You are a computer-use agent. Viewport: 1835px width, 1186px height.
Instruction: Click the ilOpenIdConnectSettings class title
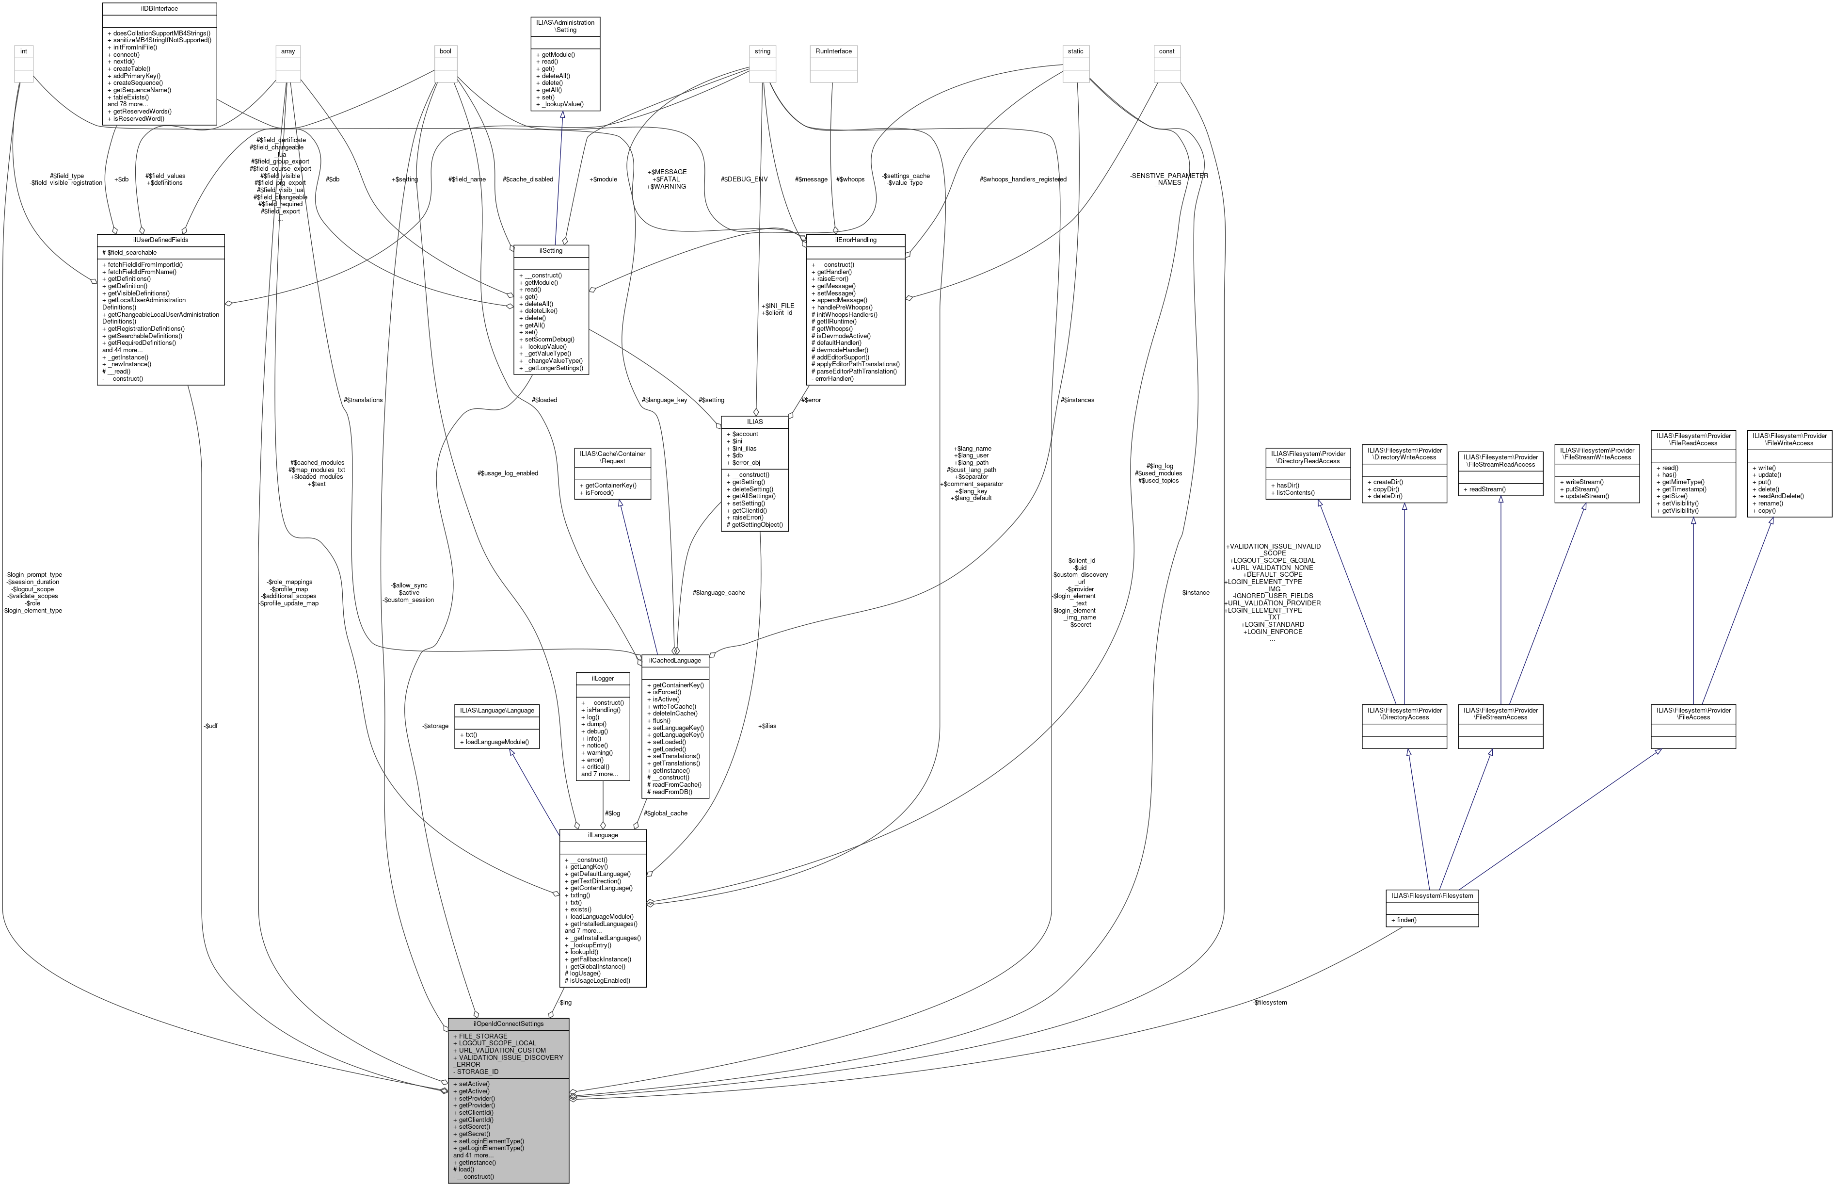[x=508, y=1024]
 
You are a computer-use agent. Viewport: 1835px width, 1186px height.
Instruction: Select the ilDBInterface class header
[x=160, y=8]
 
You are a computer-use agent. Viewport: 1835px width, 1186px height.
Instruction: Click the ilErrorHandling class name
[x=855, y=240]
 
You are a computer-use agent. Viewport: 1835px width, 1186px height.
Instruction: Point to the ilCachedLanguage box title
[x=674, y=660]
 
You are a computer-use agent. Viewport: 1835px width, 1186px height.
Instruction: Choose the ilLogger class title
[x=602, y=679]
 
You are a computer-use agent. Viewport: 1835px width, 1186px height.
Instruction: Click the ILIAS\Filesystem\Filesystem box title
[x=1431, y=895]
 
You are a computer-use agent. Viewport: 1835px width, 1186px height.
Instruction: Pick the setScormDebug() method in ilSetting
[x=549, y=339]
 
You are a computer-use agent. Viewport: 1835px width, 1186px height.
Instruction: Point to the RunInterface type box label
[x=833, y=51]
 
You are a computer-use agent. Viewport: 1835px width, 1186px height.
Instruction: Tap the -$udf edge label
[x=210, y=726]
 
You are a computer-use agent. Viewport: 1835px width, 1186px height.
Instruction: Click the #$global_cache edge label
[x=665, y=813]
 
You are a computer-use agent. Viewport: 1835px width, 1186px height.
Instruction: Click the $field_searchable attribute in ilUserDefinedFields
[x=131, y=253]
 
